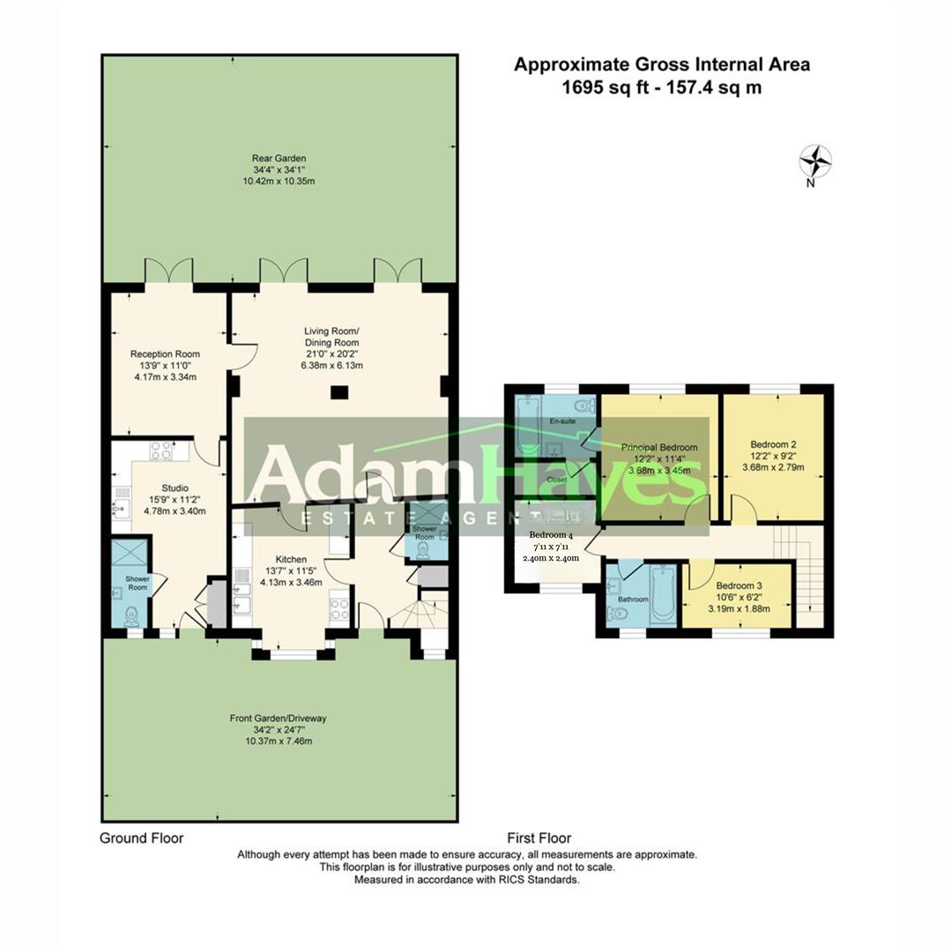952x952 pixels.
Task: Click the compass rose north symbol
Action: (815, 162)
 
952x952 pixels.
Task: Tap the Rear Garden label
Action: (279, 160)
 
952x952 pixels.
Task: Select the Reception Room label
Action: (165, 354)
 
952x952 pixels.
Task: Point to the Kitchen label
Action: (291, 560)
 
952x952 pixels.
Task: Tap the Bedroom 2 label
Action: (773, 444)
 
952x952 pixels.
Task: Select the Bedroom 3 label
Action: (739, 586)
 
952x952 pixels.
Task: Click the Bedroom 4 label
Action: (550, 535)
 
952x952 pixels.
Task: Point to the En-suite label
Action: (562, 422)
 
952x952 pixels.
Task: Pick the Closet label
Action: (557, 480)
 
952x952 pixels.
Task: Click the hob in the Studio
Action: (161, 450)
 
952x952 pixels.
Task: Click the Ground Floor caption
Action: (141, 838)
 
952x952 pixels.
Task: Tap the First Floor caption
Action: (539, 838)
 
